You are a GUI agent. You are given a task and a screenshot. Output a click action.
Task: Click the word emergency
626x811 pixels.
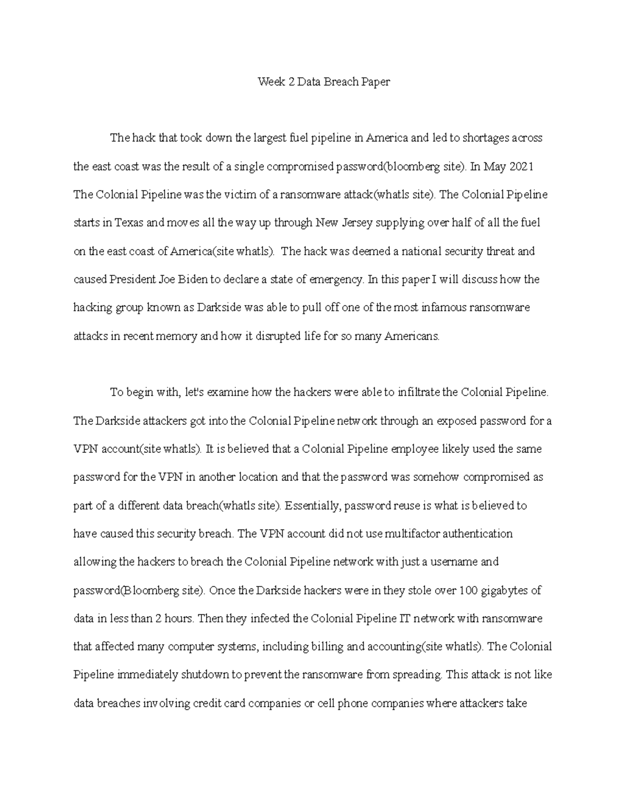[x=336, y=279]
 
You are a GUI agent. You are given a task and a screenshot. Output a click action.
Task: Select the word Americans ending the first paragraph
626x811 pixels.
[x=412, y=336]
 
